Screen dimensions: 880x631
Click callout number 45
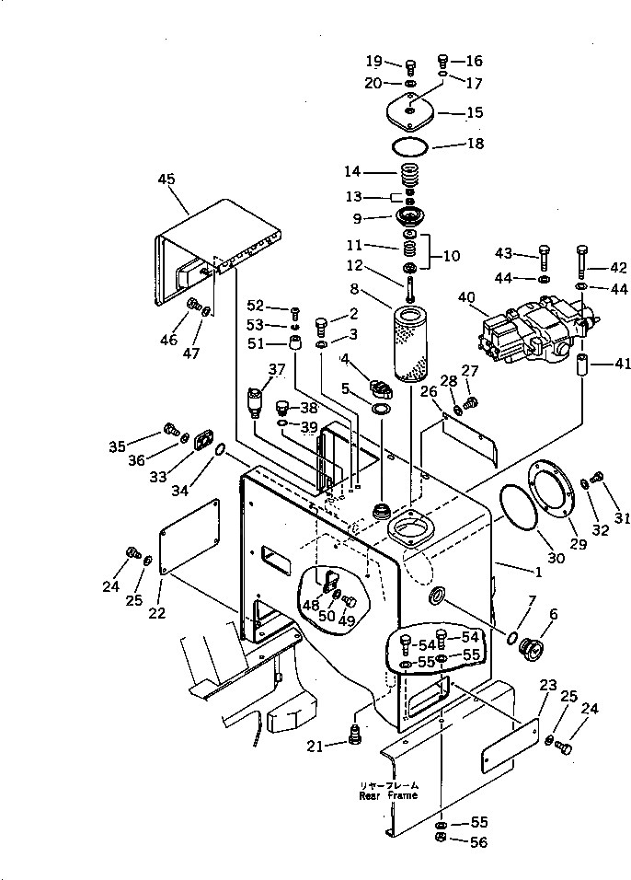[x=166, y=179]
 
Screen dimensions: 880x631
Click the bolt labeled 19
[x=410, y=65]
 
